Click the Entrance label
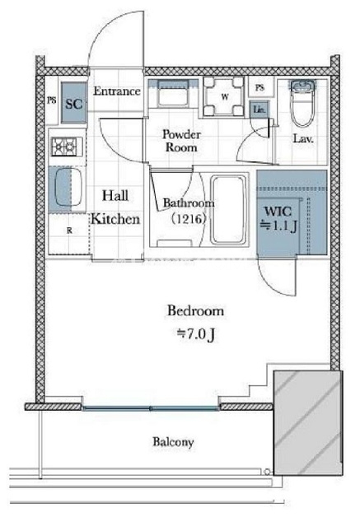[x=117, y=91]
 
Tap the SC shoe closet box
[x=74, y=103]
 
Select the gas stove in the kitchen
[x=63, y=147]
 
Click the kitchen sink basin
[x=68, y=187]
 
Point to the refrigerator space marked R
[x=69, y=231]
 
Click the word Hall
[x=115, y=196]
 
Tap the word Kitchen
[x=116, y=219]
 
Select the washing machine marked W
[x=224, y=96]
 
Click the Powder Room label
[x=181, y=141]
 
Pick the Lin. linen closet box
[x=259, y=109]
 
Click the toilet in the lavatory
[x=302, y=103]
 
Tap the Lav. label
[x=303, y=139]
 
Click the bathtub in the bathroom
[x=229, y=210]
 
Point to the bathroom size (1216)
[x=189, y=218]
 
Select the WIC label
[x=278, y=211]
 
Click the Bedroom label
[x=196, y=311]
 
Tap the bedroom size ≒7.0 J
[x=196, y=334]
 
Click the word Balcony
[x=173, y=442]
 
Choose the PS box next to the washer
[x=260, y=87]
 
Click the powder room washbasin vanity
[x=173, y=94]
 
